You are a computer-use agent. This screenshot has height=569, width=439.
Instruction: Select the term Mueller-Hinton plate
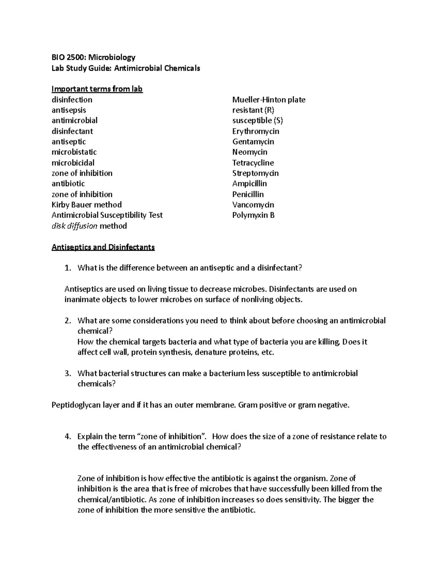(x=269, y=100)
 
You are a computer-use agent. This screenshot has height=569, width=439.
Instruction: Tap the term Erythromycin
(x=255, y=131)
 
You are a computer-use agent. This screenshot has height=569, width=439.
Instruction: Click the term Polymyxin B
(x=253, y=215)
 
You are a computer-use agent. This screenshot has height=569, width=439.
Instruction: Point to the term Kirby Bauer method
(x=86, y=204)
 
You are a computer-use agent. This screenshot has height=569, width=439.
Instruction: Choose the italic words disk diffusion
(x=75, y=226)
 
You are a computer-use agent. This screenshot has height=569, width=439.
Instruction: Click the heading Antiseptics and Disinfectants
(x=103, y=247)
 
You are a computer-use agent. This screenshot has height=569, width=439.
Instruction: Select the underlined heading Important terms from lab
(x=97, y=89)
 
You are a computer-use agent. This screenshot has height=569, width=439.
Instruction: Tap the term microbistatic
(x=74, y=152)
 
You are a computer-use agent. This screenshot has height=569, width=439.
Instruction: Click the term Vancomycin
(x=253, y=205)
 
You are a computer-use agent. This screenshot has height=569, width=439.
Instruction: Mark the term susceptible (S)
(x=258, y=121)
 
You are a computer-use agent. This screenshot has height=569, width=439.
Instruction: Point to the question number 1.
(x=67, y=268)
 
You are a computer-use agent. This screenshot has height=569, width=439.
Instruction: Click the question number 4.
(x=67, y=436)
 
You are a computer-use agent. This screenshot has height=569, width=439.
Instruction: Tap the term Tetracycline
(x=253, y=163)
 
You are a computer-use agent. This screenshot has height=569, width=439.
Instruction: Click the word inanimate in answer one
(x=81, y=300)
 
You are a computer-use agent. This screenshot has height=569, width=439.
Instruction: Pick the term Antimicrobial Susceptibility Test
(x=107, y=215)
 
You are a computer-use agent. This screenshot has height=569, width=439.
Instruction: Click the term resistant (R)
(x=253, y=110)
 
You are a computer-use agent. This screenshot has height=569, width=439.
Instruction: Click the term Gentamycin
(x=253, y=141)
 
